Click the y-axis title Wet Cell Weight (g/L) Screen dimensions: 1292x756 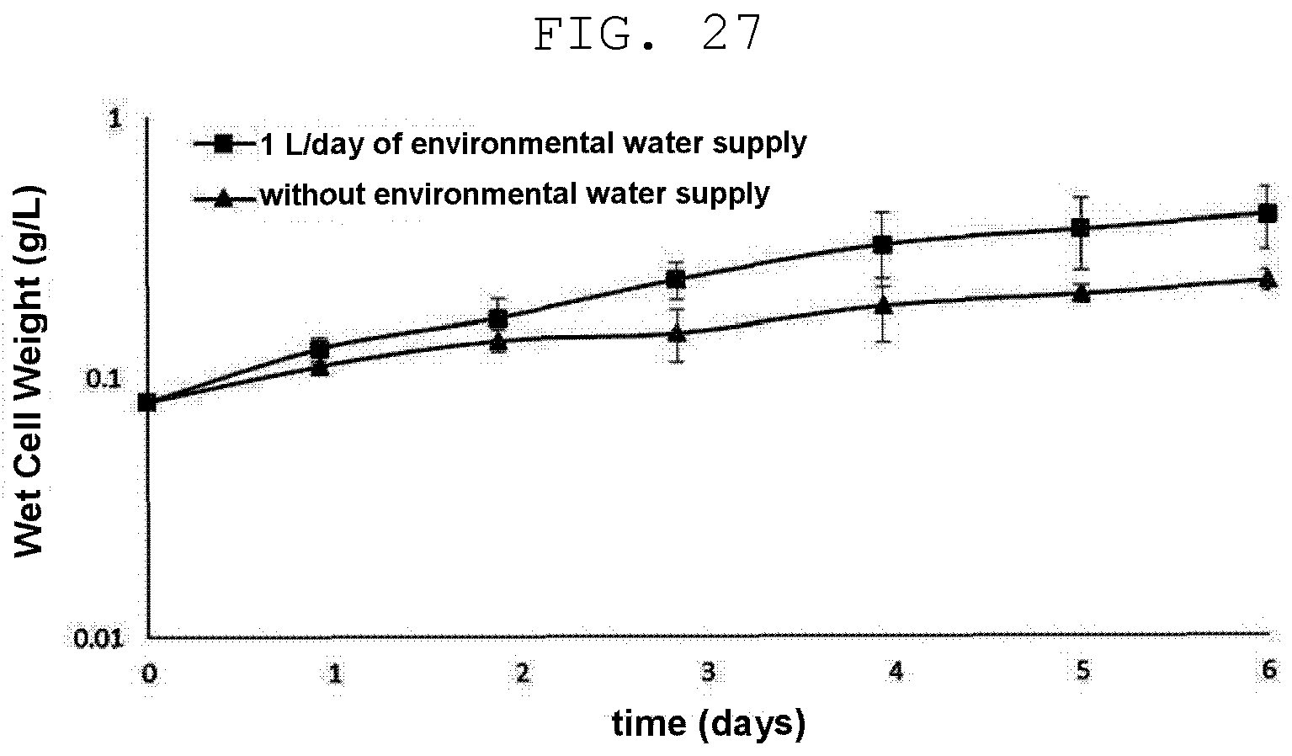pyautogui.click(x=29, y=371)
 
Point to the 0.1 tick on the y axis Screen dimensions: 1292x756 pyautogui.click(x=104, y=379)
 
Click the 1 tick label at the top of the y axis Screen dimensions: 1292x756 pyautogui.click(x=115, y=119)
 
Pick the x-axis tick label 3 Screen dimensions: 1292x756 pyautogui.click(x=709, y=672)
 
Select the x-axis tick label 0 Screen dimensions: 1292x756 pyautogui.click(x=149, y=673)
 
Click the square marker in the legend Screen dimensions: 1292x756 pyautogui.click(x=224, y=143)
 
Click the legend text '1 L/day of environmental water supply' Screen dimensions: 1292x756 pyautogui.click(x=534, y=144)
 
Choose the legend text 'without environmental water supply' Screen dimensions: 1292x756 pyautogui.click(x=515, y=194)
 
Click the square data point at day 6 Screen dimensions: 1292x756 pyautogui.click(x=1267, y=214)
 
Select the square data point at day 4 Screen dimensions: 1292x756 pyautogui.click(x=882, y=244)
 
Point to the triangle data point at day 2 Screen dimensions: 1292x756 pyautogui.click(x=499, y=342)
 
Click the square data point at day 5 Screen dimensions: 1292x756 pyautogui.click(x=1081, y=227)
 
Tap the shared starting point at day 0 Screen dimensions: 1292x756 pyautogui.click(x=147, y=402)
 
